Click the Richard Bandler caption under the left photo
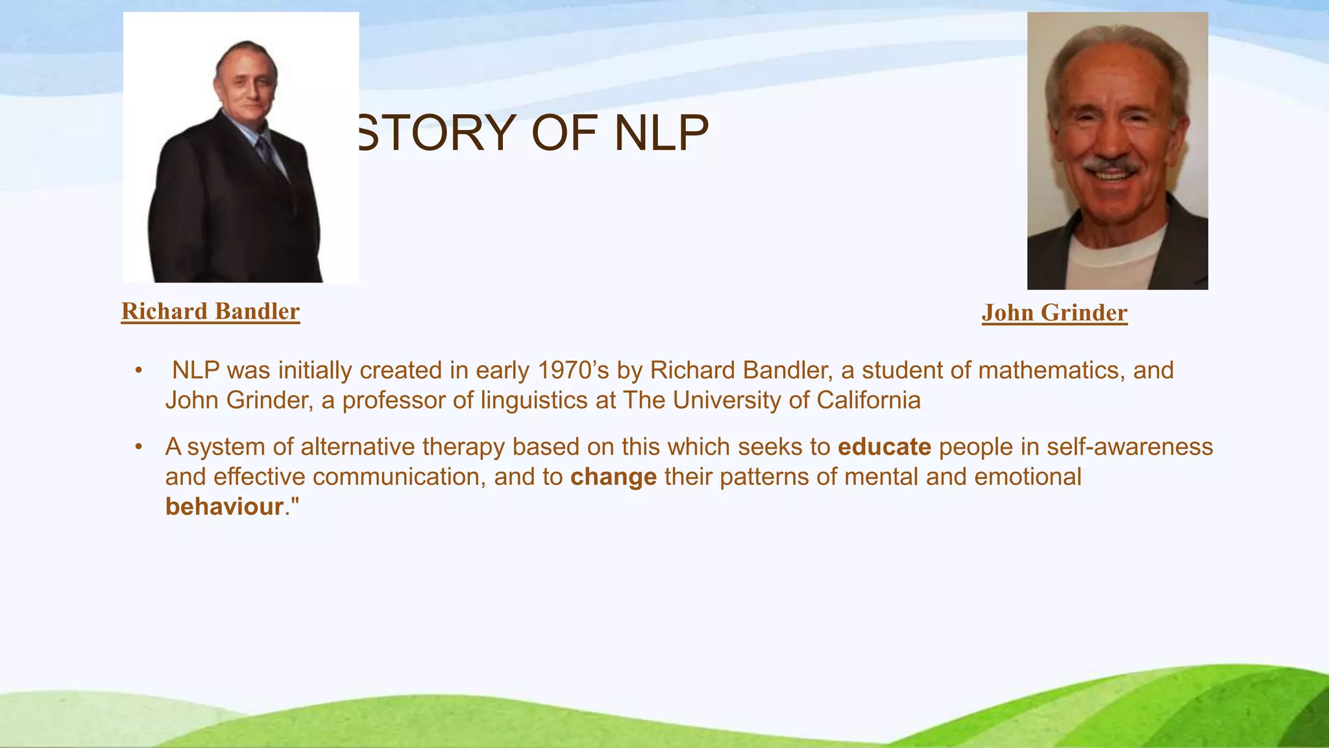(210, 312)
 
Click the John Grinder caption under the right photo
(1054, 313)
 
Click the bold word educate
(884, 447)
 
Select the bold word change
(613, 477)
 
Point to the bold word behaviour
(225, 507)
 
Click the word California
(868, 400)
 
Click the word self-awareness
(1129, 447)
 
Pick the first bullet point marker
(138, 371)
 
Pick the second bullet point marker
(138, 447)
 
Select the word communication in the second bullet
(399, 477)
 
